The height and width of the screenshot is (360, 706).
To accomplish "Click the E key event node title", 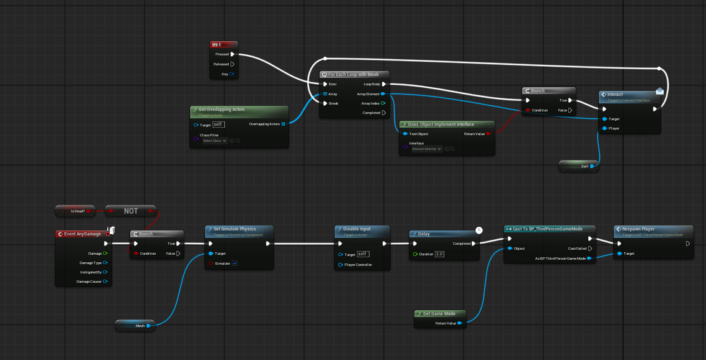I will click(x=224, y=45).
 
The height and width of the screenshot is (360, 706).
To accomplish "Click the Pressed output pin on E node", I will click(x=232, y=54).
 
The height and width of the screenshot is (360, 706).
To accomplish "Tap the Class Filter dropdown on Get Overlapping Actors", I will click(x=215, y=141).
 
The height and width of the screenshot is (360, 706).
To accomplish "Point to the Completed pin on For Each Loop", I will click(x=383, y=113).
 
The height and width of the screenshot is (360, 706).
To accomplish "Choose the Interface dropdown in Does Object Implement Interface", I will click(x=427, y=149).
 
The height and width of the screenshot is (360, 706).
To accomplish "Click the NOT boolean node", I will click(x=131, y=211).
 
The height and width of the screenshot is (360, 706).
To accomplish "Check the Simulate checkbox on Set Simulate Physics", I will click(x=235, y=263).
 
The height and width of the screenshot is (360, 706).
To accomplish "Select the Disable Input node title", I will click(x=361, y=229).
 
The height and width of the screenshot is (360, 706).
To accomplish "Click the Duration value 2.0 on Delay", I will click(x=439, y=254).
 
